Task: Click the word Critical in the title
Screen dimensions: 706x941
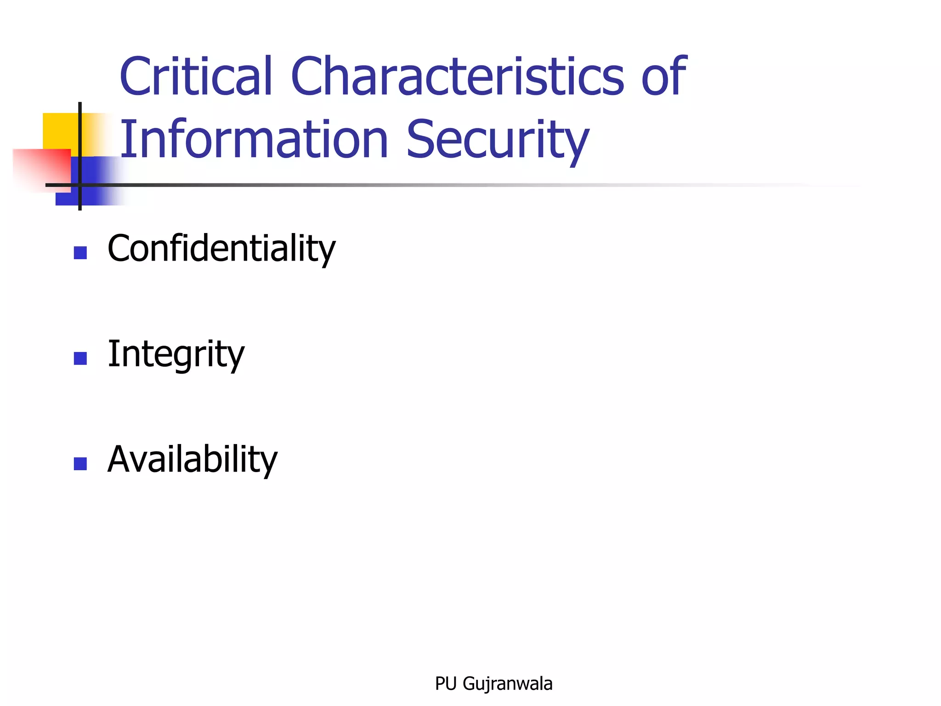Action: tap(196, 76)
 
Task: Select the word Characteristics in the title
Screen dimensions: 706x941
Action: tap(457, 76)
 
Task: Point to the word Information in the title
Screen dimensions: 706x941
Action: tap(254, 139)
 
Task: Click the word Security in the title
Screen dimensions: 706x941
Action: tap(498, 140)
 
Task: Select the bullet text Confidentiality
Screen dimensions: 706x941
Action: tap(221, 249)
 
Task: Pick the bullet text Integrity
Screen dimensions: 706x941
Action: tap(176, 354)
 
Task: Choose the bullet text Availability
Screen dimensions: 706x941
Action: tap(193, 459)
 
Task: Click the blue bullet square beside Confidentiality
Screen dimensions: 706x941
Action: tap(80, 253)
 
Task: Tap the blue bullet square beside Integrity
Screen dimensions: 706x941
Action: tap(80, 359)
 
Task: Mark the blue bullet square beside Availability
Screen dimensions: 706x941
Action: tap(80, 464)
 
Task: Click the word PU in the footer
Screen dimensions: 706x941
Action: tap(446, 684)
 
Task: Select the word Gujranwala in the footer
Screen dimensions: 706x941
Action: tap(508, 684)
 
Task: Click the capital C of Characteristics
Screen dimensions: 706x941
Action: tap(307, 76)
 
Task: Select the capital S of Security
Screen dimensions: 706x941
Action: tap(421, 139)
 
